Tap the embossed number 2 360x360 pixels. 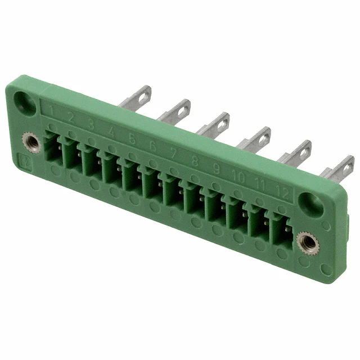[71, 118]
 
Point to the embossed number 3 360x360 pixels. [91, 124]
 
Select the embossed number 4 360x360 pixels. [111, 131]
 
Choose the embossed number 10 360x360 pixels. [238, 176]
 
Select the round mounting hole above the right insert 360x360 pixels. [311, 203]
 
